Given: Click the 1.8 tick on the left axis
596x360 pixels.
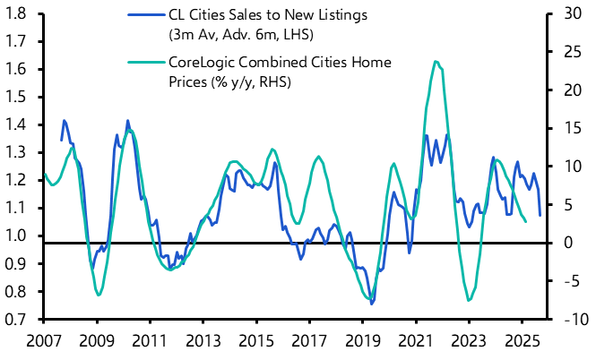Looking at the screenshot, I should (16, 14).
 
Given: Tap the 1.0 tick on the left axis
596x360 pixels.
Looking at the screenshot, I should (16, 236).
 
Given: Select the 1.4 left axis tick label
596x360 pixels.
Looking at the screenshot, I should (16, 125).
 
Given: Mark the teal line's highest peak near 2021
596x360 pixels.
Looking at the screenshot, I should (435, 61).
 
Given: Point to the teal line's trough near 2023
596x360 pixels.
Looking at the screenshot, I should (469, 301).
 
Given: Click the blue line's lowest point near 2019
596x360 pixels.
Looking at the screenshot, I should (372, 304).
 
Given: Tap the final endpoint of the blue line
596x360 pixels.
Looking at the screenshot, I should (540, 215).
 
